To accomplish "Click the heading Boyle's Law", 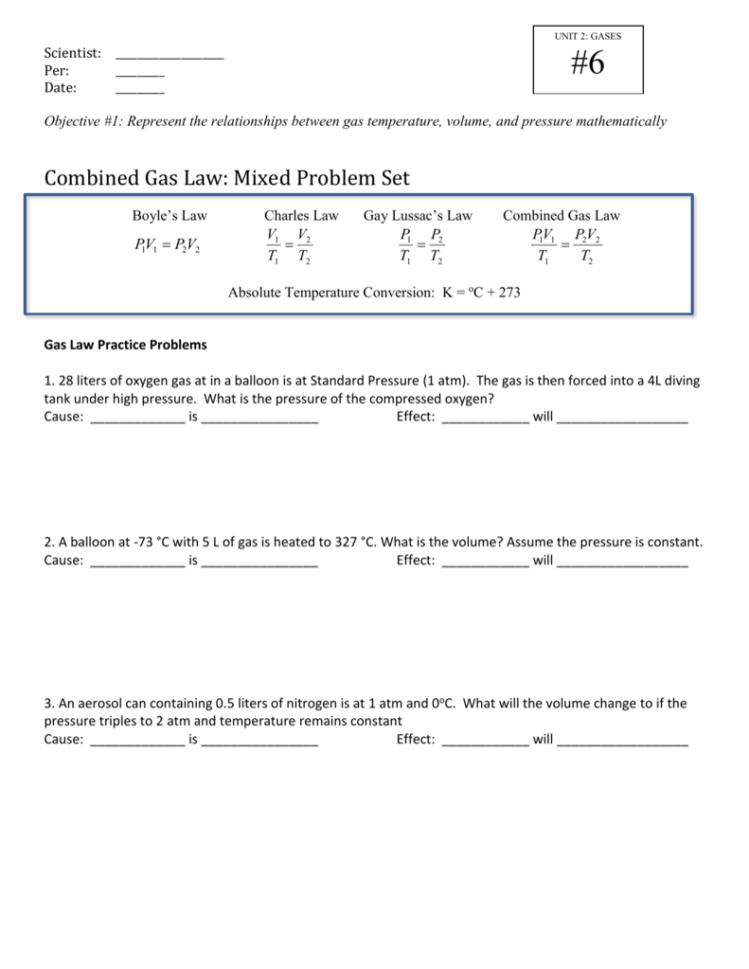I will (169, 216).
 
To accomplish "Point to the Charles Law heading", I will (301, 216).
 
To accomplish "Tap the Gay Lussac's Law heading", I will (417, 216).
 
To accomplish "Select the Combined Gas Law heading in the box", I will (561, 216).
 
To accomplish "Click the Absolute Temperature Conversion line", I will (373, 293).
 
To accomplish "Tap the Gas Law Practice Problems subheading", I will (126, 346).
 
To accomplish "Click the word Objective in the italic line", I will (73, 122).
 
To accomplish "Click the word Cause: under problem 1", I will (64, 418).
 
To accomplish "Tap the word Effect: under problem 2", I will (415, 560).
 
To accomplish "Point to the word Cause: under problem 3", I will (64, 739).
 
